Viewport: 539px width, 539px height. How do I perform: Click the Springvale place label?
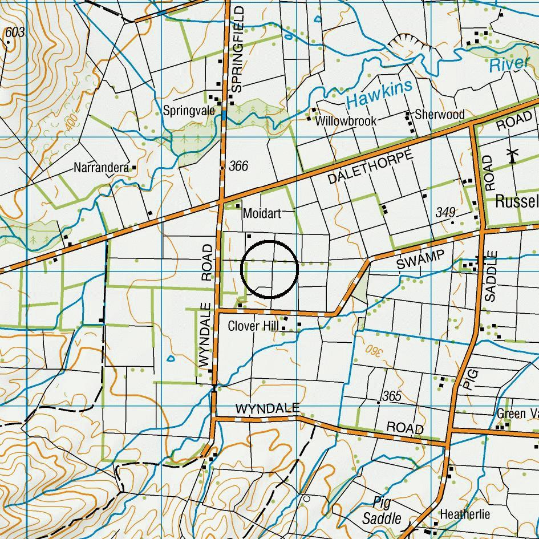click(x=189, y=110)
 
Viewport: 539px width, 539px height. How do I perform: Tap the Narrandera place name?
click(x=101, y=168)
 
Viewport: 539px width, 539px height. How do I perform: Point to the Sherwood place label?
click(x=439, y=114)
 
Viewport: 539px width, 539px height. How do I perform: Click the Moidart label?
click(x=262, y=213)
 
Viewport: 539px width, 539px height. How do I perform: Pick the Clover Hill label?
click(x=253, y=326)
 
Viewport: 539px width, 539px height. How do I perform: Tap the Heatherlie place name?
click(x=464, y=514)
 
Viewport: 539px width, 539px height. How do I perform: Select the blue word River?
click(x=509, y=64)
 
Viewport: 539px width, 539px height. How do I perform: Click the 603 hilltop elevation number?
click(x=15, y=33)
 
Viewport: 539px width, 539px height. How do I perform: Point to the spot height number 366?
click(x=238, y=166)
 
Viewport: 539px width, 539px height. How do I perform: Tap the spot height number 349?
click(x=445, y=212)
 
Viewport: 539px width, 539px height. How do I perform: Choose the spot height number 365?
click(x=392, y=396)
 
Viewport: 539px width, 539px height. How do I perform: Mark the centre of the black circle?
click(x=270, y=269)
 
